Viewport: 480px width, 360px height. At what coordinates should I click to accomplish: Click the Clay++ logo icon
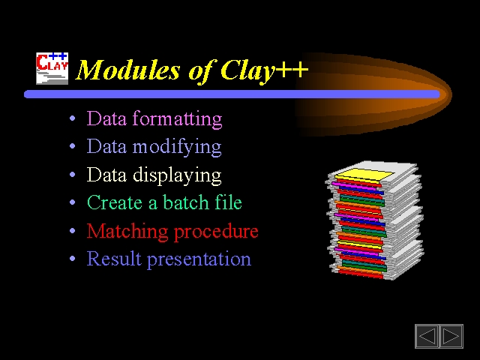pos(52,68)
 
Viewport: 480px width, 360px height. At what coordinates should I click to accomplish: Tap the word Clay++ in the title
pos(264,70)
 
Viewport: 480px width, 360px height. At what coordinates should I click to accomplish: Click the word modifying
pos(177,147)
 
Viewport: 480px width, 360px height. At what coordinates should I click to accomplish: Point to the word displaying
pos(177,175)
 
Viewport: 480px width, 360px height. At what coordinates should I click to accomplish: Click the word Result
pos(114,258)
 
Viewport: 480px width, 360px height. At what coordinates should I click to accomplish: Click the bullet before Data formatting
pos(72,118)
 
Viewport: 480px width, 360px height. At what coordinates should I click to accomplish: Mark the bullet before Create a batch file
pos(72,202)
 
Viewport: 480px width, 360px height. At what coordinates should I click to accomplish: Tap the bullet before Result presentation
pos(72,259)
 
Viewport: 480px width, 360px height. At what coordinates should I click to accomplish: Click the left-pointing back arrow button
pos(427,336)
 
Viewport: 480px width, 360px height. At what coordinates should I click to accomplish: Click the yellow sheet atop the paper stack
pos(364,175)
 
